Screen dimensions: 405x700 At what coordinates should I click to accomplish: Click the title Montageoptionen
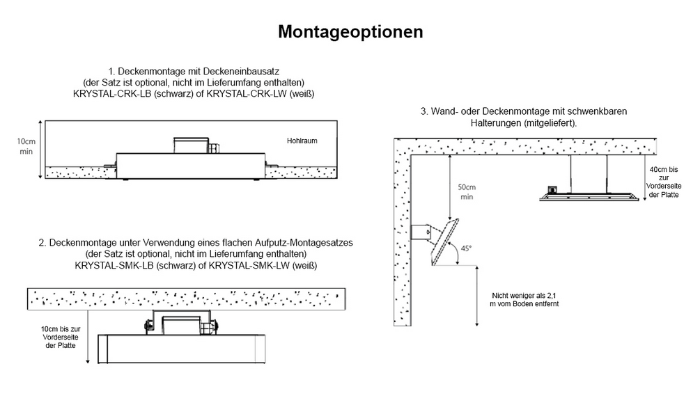350,32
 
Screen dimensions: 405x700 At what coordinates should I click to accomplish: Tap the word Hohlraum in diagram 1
302,141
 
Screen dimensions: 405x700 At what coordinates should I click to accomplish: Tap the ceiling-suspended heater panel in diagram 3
589,197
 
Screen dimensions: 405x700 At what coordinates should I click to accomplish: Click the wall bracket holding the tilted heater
421,232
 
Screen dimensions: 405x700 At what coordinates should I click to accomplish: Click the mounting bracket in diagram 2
182,324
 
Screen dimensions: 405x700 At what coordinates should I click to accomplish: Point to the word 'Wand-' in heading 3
446,111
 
